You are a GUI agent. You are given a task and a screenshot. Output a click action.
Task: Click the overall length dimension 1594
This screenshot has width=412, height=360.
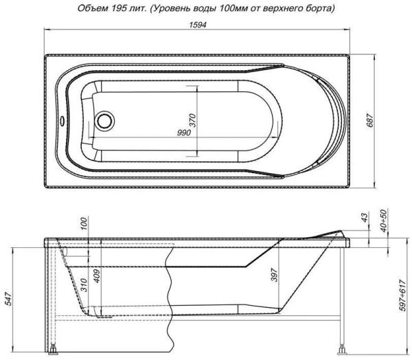(198, 24)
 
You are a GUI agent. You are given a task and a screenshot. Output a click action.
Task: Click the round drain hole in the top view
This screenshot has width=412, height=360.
(106, 122)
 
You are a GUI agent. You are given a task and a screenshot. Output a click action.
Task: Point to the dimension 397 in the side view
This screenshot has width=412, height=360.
(274, 276)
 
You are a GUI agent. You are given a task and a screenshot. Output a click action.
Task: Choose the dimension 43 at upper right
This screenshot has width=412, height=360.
(363, 217)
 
